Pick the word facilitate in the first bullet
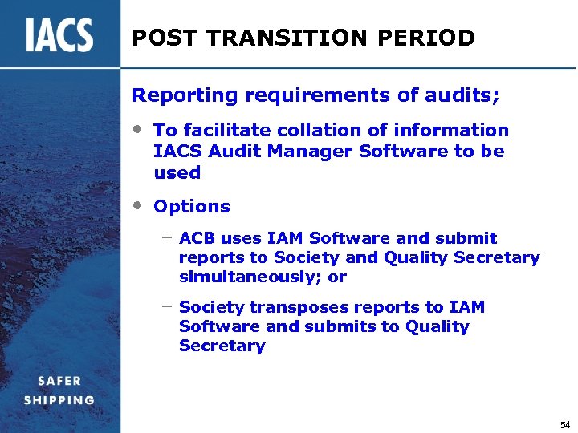coord(228,130)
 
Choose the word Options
coord(192,206)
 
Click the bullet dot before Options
coord(139,204)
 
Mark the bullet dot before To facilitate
coord(139,128)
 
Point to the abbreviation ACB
coord(197,238)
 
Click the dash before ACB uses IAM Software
coord(166,237)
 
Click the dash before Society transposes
coord(166,306)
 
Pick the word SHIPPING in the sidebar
coord(59,400)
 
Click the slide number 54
coord(565,423)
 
